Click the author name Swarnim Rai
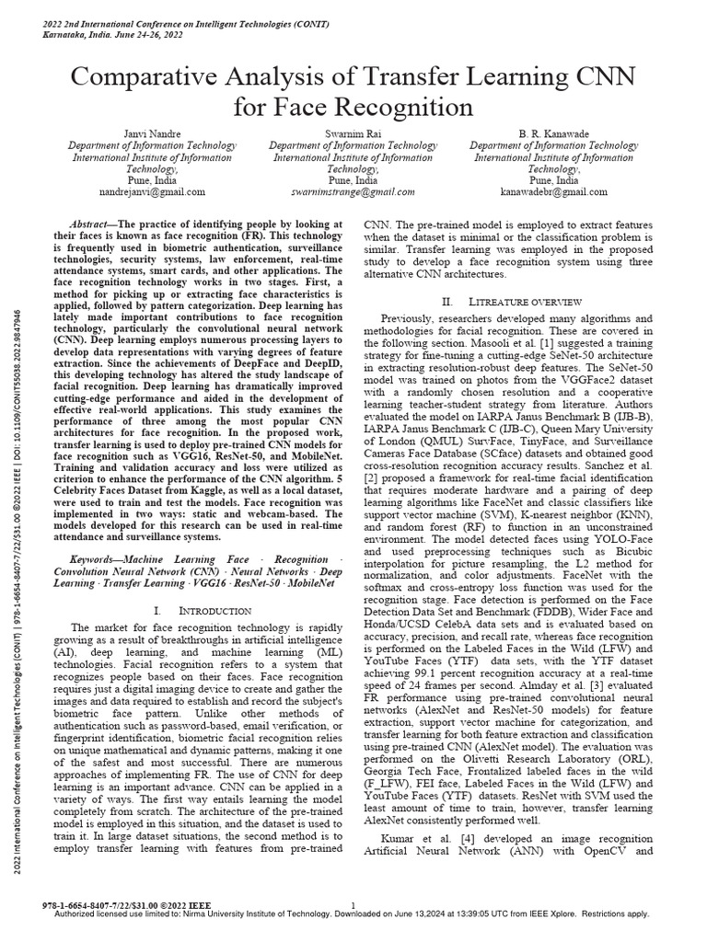pos(353,133)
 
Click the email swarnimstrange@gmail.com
pos(353,192)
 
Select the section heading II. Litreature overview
pos(512,301)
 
